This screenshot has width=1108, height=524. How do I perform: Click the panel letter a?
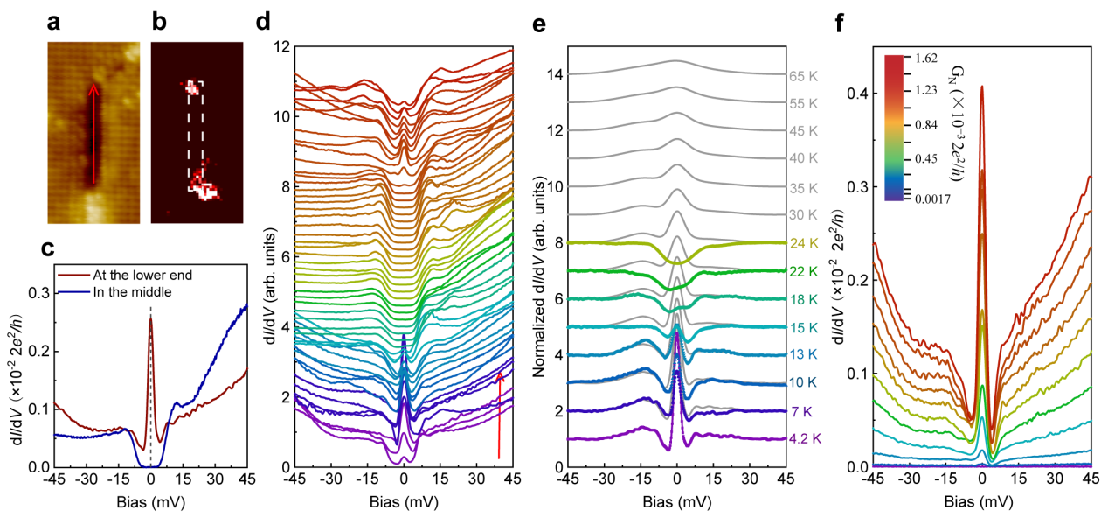tap(52, 24)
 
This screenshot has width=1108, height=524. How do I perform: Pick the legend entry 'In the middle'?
tap(131, 290)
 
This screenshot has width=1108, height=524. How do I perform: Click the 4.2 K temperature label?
tap(805, 437)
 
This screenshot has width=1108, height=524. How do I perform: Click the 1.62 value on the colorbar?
tap(927, 59)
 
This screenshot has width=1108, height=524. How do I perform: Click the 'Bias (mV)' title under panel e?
tap(676, 500)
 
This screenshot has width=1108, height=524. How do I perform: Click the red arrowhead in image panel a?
tap(93, 87)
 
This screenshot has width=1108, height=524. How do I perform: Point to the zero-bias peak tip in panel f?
tap(982, 87)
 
